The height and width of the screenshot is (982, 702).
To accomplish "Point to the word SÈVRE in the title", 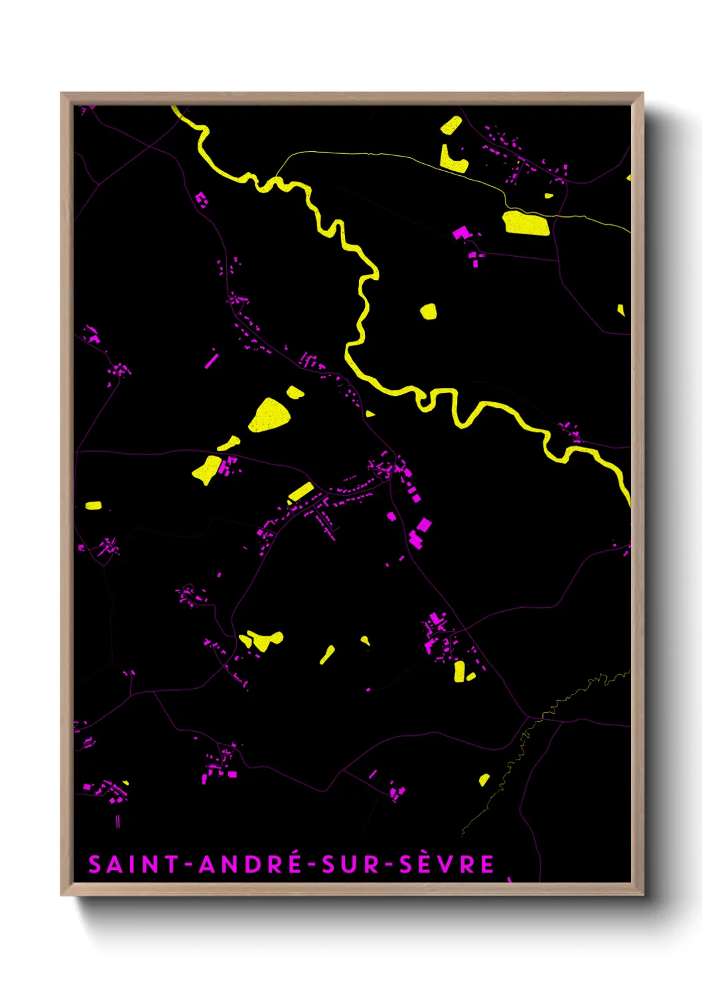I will point(447,865).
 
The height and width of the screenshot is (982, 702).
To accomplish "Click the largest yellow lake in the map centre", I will point(269,415).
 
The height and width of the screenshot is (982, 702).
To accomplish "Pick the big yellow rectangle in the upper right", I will point(527,223).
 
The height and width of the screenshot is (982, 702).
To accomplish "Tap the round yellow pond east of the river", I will point(429,311).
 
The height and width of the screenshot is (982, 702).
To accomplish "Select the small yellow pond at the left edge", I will point(94,506).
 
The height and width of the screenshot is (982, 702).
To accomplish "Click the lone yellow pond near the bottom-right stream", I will point(484,780).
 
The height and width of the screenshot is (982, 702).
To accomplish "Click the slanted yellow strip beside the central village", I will point(301,492).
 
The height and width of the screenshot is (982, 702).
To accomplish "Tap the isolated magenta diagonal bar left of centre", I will point(212,360).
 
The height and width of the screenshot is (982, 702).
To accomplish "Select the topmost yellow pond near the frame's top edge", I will point(451,125).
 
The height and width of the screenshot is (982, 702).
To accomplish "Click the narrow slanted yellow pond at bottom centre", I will point(327,654).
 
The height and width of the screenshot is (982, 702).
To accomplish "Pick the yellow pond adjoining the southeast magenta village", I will point(459,671).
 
